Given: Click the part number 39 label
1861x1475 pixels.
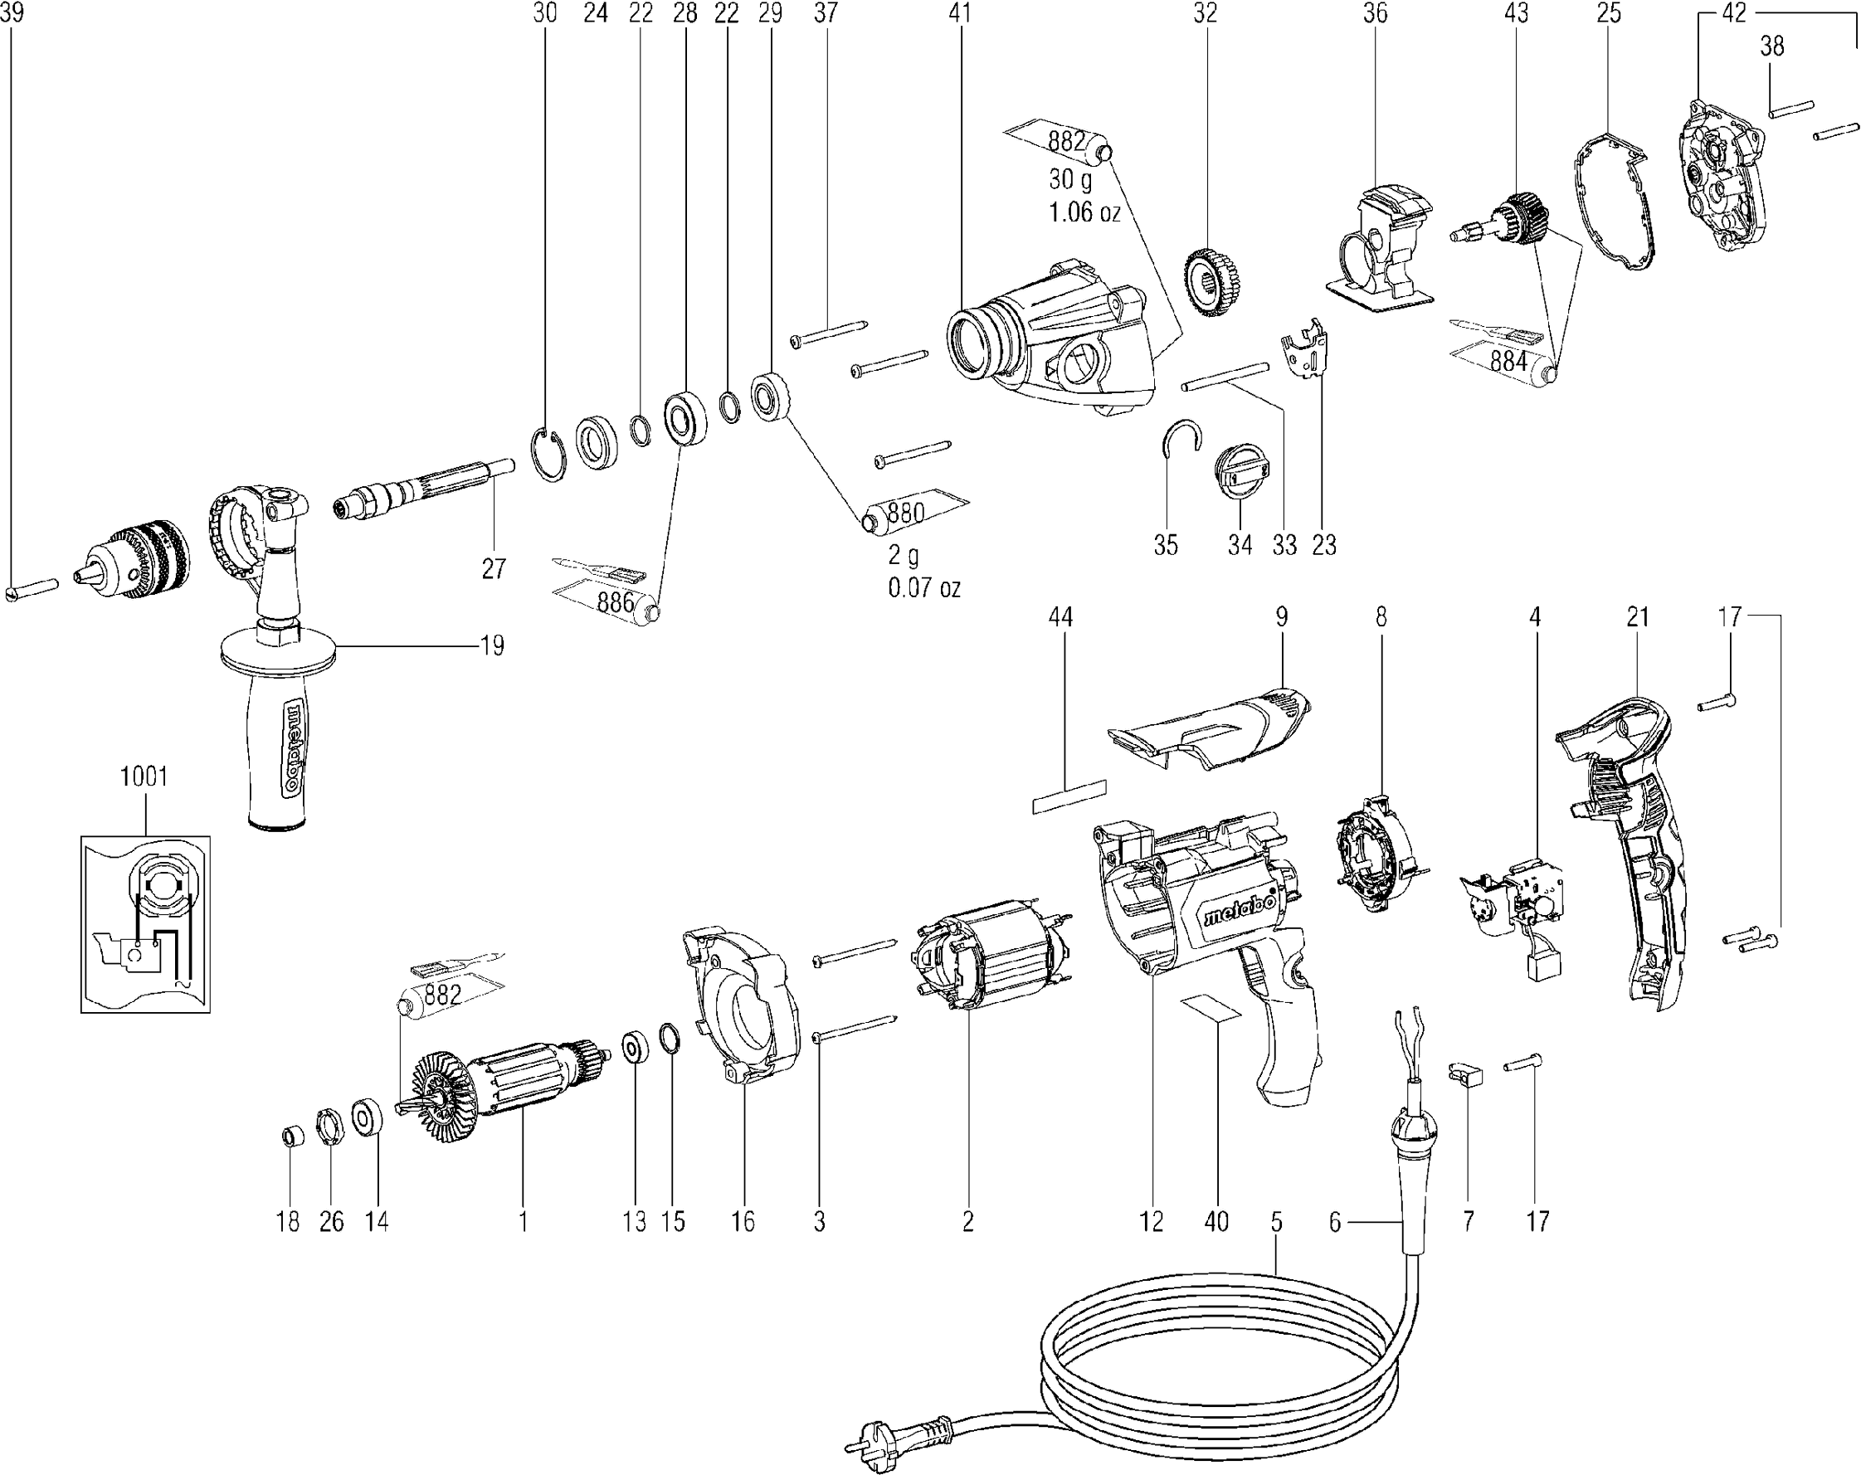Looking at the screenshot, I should click(x=12, y=13).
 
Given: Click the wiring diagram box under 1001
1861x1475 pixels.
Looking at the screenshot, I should click(x=145, y=923).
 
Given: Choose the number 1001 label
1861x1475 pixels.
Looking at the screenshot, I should click(x=144, y=776).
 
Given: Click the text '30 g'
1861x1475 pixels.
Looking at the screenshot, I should click(x=1069, y=179).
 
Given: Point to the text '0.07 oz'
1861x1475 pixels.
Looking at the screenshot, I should click(x=923, y=587).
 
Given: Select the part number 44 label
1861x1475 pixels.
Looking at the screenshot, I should click(x=1060, y=617).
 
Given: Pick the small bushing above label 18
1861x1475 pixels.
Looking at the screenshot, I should click(x=293, y=1136).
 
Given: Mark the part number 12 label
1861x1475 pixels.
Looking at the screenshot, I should click(x=1151, y=1222).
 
